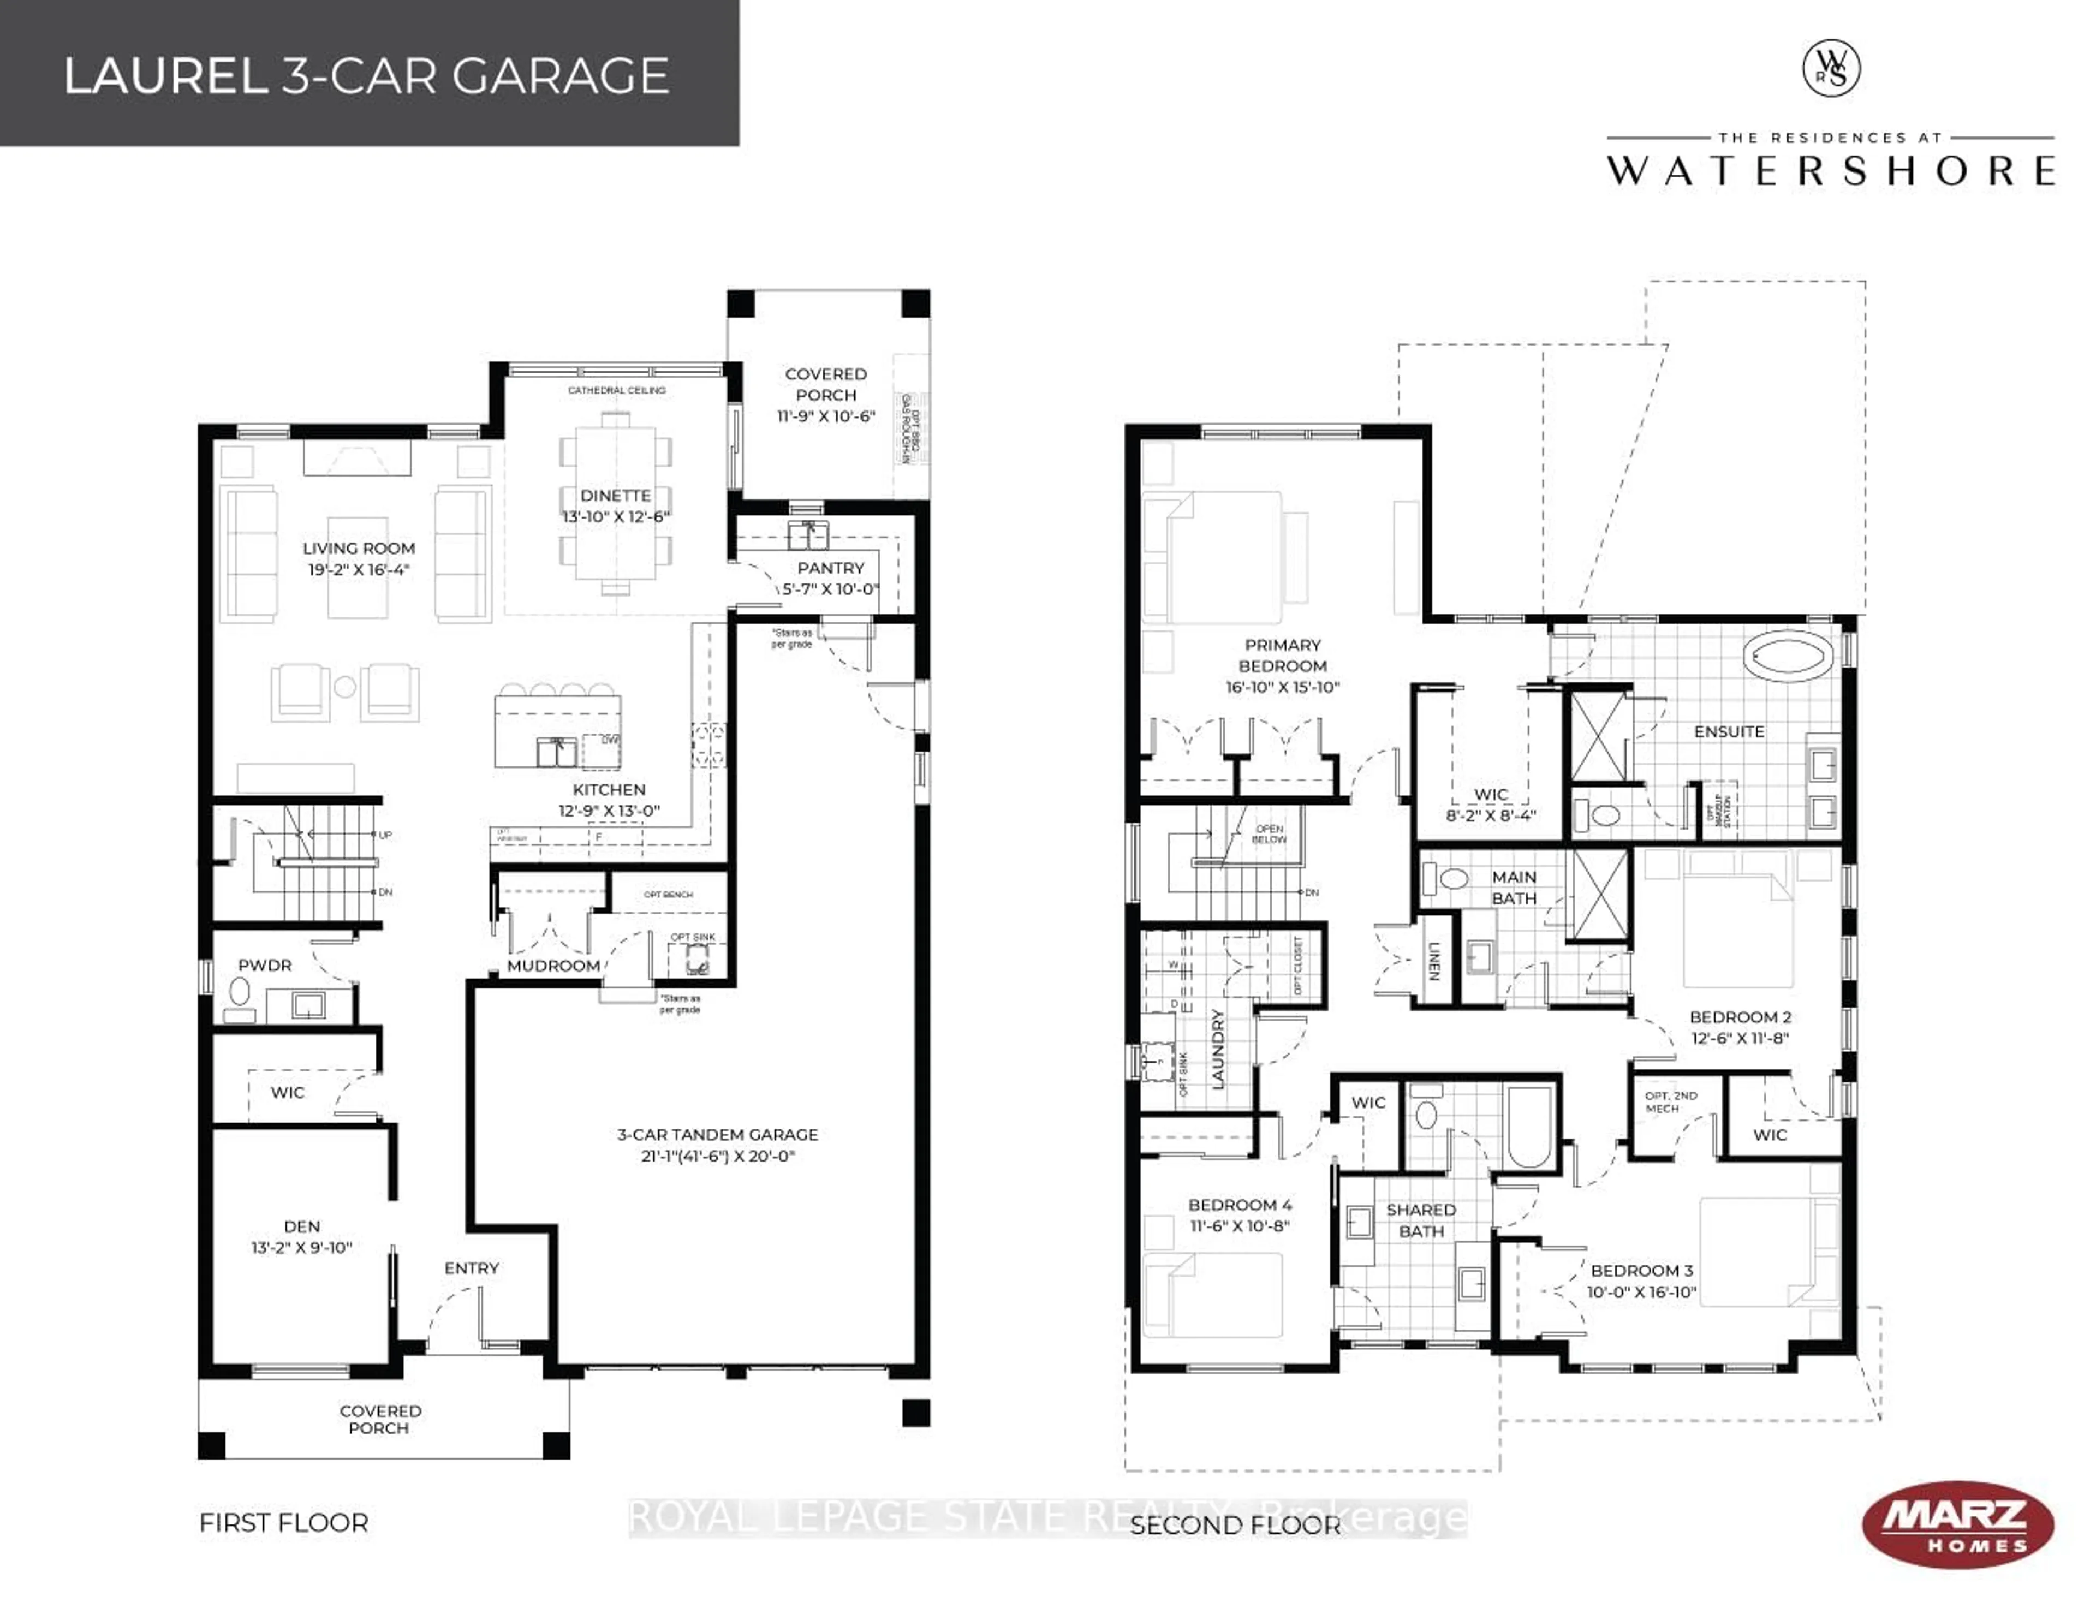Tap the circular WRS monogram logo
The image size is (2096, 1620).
point(1831,69)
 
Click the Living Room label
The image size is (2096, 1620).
point(359,548)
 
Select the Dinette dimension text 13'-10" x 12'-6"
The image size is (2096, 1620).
point(616,516)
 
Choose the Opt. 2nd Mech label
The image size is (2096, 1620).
point(1671,1102)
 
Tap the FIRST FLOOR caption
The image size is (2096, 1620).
point(283,1523)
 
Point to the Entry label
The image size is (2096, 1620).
point(471,1268)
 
